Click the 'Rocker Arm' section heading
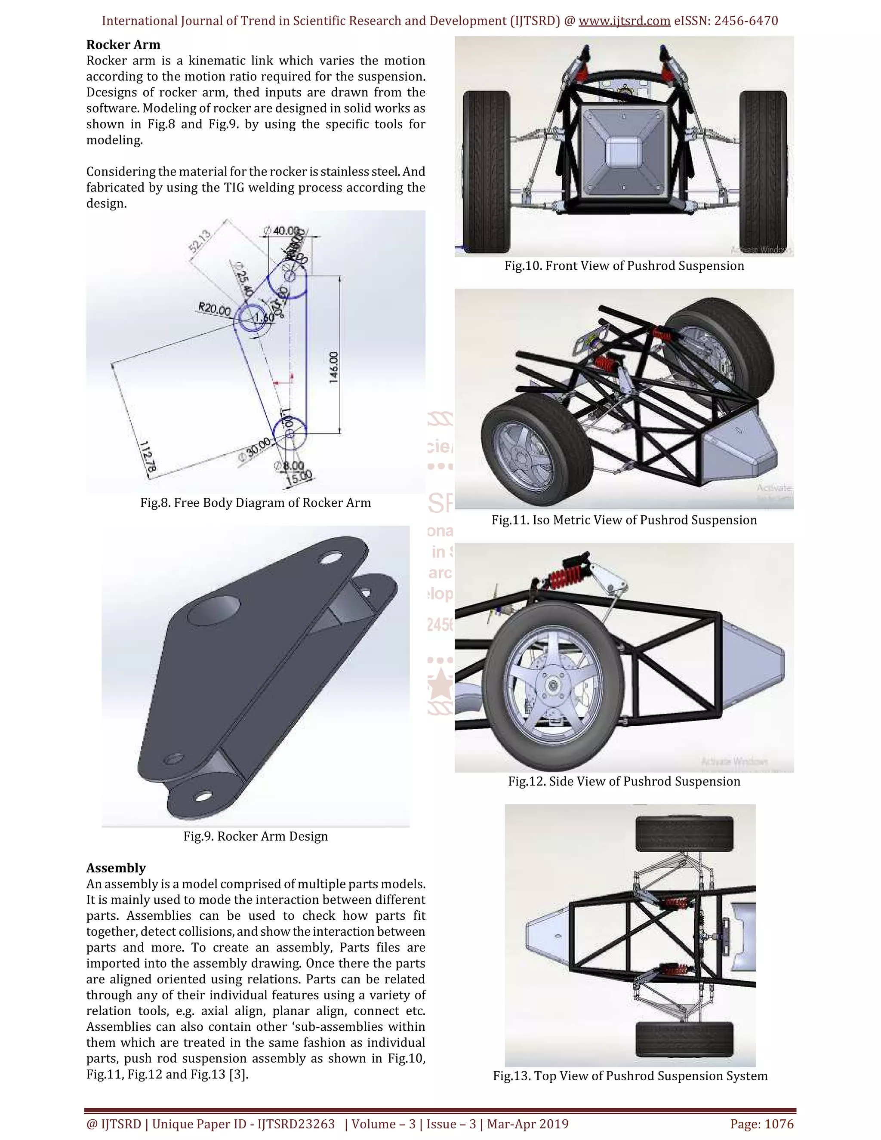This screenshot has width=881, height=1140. pos(123,45)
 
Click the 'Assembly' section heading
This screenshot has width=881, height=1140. pos(116,868)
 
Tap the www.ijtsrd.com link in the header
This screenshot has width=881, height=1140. pos(624,21)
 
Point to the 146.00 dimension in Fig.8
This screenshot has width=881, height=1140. pos(334,367)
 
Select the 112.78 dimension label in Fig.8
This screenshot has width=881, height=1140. pos(148,457)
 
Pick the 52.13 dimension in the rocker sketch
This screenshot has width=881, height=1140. pos(200,241)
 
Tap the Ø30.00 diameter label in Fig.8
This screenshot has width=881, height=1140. pos(255,448)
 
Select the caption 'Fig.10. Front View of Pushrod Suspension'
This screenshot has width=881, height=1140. pos(624,266)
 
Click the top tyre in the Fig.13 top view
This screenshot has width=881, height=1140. pos(684,834)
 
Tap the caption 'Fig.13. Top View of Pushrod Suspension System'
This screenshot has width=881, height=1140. pos(630,1075)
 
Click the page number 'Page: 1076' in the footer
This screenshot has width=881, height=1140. pos(761,1124)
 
